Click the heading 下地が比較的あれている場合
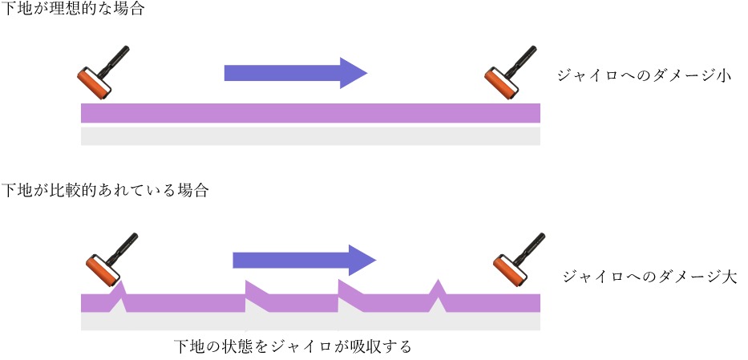coord(105,191)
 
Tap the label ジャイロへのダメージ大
coord(649,277)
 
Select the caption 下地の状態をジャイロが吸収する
coord(293,346)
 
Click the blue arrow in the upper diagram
coord(294,73)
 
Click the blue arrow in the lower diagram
coord(303,259)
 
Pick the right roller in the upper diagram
coord(510,71)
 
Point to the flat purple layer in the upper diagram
coord(309,113)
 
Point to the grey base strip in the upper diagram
coord(309,136)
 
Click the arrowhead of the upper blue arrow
coord(352,73)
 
